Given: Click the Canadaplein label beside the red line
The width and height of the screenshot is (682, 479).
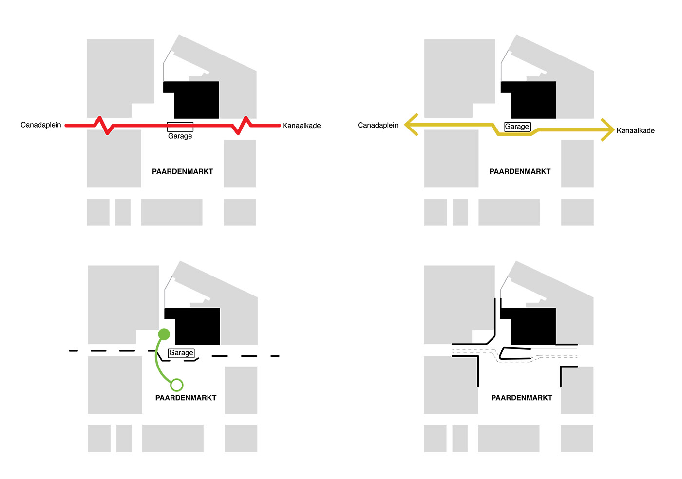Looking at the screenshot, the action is pyautogui.click(x=41, y=125).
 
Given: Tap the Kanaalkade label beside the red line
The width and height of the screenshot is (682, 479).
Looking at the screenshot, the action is pyautogui.click(x=302, y=126).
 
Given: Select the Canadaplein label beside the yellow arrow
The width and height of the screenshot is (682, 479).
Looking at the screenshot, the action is pyautogui.click(x=378, y=125).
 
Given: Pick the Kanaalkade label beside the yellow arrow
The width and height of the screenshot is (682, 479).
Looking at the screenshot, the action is pyautogui.click(x=635, y=131).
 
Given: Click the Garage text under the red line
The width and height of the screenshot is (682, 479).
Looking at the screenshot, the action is pyautogui.click(x=180, y=136).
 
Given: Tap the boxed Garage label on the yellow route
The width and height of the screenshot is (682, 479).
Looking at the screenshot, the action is pyautogui.click(x=517, y=127).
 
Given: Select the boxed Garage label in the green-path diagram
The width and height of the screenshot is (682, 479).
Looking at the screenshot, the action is pyautogui.click(x=181, y=353).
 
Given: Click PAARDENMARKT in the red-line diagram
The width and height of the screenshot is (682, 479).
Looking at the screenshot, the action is pyautogui.click(x=182, y=171).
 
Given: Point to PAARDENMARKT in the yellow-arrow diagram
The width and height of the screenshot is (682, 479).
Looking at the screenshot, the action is pyautogui.click(x=520, y=171).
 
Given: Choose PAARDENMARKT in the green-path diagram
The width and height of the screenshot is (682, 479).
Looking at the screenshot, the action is pyautogui.click(x=186, y=398).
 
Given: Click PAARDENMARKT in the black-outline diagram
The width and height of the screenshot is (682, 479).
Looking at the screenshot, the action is pyautogui.click(x=522, y=398).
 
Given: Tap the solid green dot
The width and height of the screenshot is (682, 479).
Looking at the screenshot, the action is pyautogui.click(x=164, y=334).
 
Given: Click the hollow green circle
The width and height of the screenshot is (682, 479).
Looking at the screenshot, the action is pyautogui.click(x=176, y=385).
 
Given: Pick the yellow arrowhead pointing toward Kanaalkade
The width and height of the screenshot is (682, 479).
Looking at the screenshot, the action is pyautogui.click(x=608, y=130).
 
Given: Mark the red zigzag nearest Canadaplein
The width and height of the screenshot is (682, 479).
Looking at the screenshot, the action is pyautogui.click(x=103, y=126).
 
